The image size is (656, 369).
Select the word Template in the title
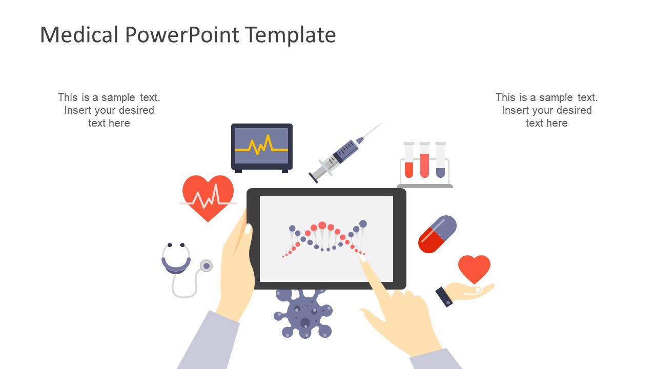point(291,35)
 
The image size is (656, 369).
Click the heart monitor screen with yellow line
point(261,146)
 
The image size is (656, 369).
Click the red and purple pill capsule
point(437,234)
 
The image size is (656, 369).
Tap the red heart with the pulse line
point(208,197)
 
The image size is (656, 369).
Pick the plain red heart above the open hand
point(474,268)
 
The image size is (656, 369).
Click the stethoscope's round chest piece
point(207,265)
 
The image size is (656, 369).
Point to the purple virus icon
point(303,313)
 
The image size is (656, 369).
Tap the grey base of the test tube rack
point(425,186)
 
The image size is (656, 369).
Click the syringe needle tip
point(381,124)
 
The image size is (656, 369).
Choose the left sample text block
point(109,110)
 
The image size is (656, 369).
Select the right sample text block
point(546,110)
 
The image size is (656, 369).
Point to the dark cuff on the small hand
point(444,297)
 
